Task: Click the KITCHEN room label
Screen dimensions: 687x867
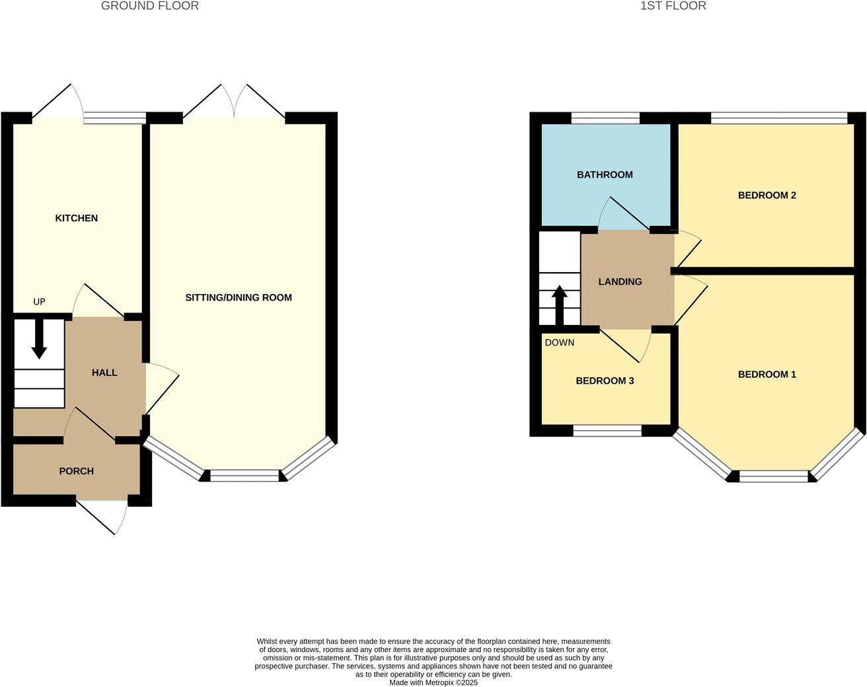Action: click(76, 218)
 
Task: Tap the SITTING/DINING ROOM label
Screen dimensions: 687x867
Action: click(238, 297)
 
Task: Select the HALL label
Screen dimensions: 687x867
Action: click(104, 373)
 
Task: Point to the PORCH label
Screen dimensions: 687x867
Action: click(76, 471)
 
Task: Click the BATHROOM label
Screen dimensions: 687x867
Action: click(605, 175)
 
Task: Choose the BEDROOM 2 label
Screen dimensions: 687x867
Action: click(767, 196)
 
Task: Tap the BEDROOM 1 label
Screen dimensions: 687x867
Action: click(767, 375)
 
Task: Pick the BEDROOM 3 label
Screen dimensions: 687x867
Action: click(605, 381)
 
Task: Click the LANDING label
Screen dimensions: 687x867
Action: click(620, 281)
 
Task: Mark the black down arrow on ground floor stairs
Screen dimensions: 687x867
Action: click(40, 339)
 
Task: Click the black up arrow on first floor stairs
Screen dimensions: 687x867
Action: click(560, 304)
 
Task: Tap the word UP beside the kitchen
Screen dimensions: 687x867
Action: click(40, 302)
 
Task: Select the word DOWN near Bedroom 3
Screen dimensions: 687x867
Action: click(559, 342)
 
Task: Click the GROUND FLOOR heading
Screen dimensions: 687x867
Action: click(149, 6)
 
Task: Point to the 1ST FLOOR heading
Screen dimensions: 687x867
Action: click(673, 6)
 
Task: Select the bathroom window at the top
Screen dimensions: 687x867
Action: click(605, 118)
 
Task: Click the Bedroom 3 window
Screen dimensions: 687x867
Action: click(607, 431)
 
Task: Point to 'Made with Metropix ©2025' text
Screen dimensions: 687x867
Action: click(433, 682)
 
